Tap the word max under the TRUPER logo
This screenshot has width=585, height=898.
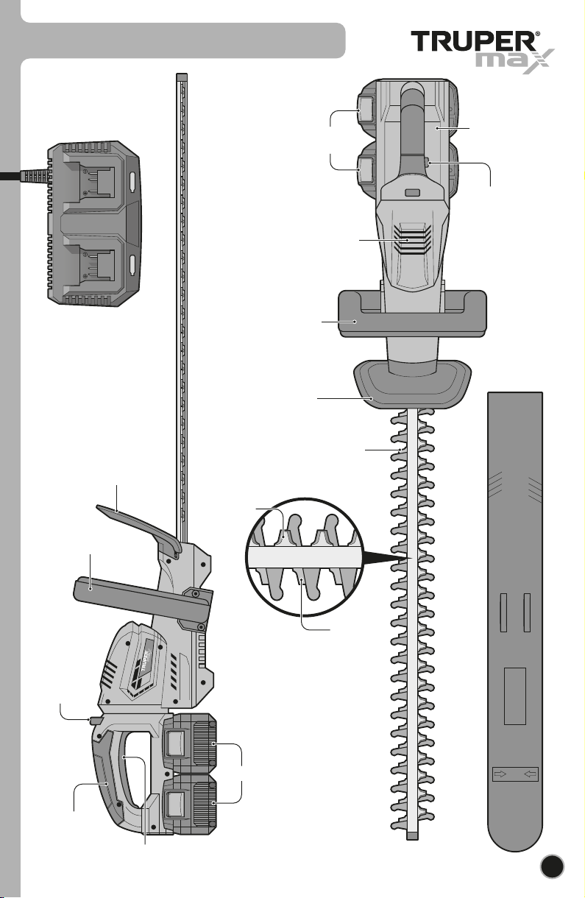[515, 61]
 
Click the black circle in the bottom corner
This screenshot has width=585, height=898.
[552, 866]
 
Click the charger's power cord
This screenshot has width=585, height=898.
[24, 176]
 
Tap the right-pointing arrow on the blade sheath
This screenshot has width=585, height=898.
[500, 774]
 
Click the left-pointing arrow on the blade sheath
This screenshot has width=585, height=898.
[530, 774]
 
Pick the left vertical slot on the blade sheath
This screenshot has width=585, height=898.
[503, 612]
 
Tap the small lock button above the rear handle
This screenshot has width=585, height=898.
[95, 721]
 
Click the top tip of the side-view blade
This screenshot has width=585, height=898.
[182, 75]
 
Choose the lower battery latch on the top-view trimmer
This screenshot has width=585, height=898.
[366, 169]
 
